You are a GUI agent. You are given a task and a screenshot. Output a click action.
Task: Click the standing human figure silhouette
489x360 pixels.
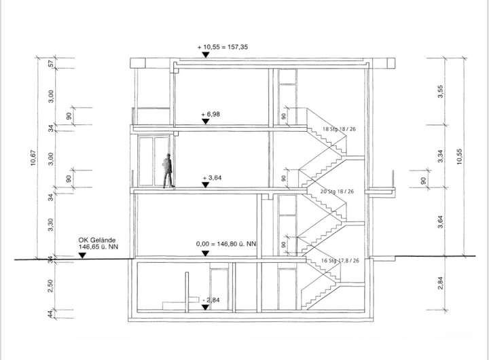[167, 170]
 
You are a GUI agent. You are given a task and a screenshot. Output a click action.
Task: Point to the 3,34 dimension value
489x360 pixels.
[441, 158]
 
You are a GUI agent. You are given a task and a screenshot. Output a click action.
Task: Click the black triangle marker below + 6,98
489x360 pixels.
[205, 122]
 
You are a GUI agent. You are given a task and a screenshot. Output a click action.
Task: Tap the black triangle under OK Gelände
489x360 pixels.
[82, 256]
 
